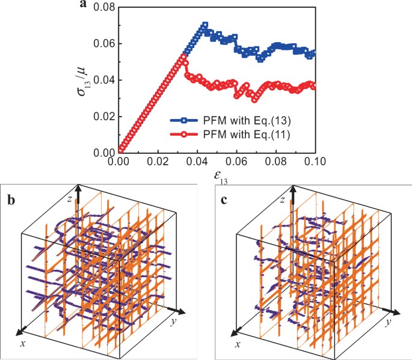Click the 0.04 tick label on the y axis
(x=102, y=80)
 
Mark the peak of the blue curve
(x=204, y=25)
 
